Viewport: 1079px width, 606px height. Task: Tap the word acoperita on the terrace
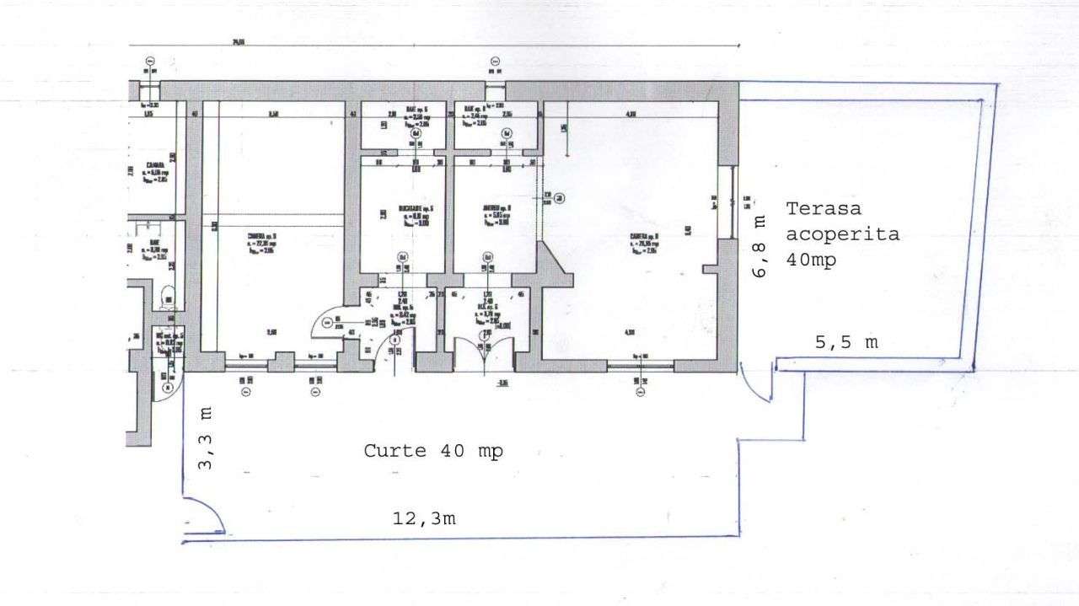click(841, 234)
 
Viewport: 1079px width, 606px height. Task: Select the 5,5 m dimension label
click(845, 342)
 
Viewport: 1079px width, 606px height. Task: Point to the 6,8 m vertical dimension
click(759, 245)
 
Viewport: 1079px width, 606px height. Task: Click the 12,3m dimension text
click(424, 518)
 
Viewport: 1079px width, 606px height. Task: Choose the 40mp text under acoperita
click(811, 260)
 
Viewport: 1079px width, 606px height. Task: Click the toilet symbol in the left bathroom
click(169, 293)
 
